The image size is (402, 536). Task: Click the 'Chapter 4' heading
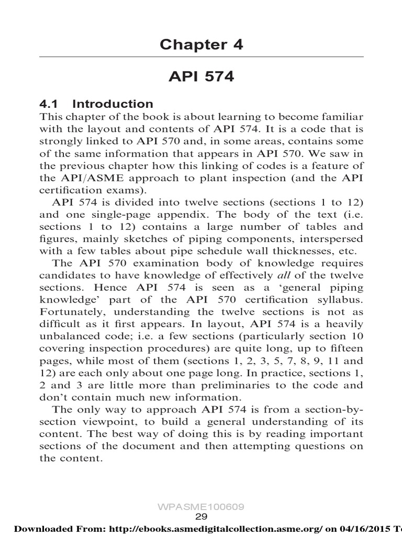tap(202, 45)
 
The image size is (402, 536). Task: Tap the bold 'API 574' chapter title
tap(202, 77)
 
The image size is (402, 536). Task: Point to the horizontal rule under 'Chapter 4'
tap(202, 57)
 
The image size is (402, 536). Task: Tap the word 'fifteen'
tap(345, 348)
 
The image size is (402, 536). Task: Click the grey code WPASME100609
tap(202, 507)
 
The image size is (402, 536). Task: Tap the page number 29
tap(202, 517)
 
